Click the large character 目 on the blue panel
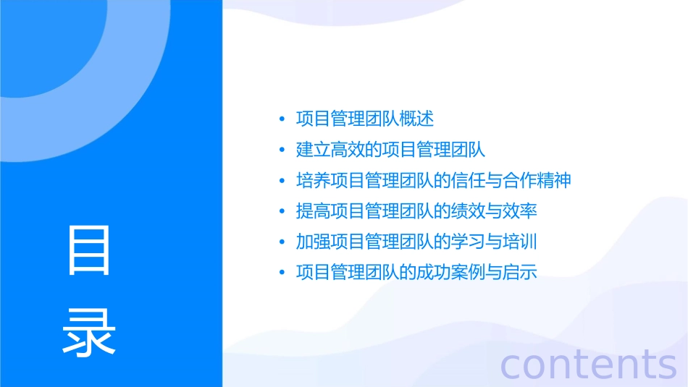click(89, 250)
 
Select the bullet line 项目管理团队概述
click(365, 119)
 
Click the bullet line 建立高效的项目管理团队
click(390, 150)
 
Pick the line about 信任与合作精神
click(434, 180)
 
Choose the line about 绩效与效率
click(416, 211)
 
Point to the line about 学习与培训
click(416, 242)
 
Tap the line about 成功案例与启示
click(416, 273)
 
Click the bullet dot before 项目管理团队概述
click(281, 119)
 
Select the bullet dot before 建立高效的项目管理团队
click(281, 150)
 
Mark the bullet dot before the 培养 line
click(281, 180)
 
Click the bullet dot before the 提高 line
click(281, 211)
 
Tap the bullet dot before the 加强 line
click(281, 242)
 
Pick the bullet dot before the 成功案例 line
click(281, 273)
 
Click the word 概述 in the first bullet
click(417, 119)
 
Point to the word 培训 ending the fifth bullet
click(520, 242)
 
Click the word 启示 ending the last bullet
click(520, 273)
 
